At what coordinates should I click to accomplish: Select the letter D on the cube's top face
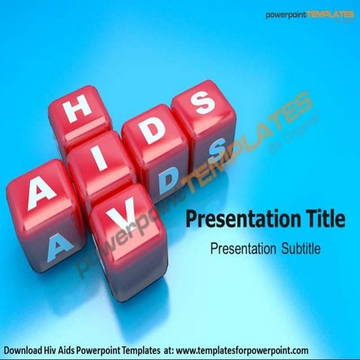coord(153,131)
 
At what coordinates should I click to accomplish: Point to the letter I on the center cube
coord(103,154)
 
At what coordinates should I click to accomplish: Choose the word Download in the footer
coord(25,350)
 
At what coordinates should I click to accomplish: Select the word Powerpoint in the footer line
coord(115,350)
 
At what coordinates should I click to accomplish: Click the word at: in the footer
coord(190,350)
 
